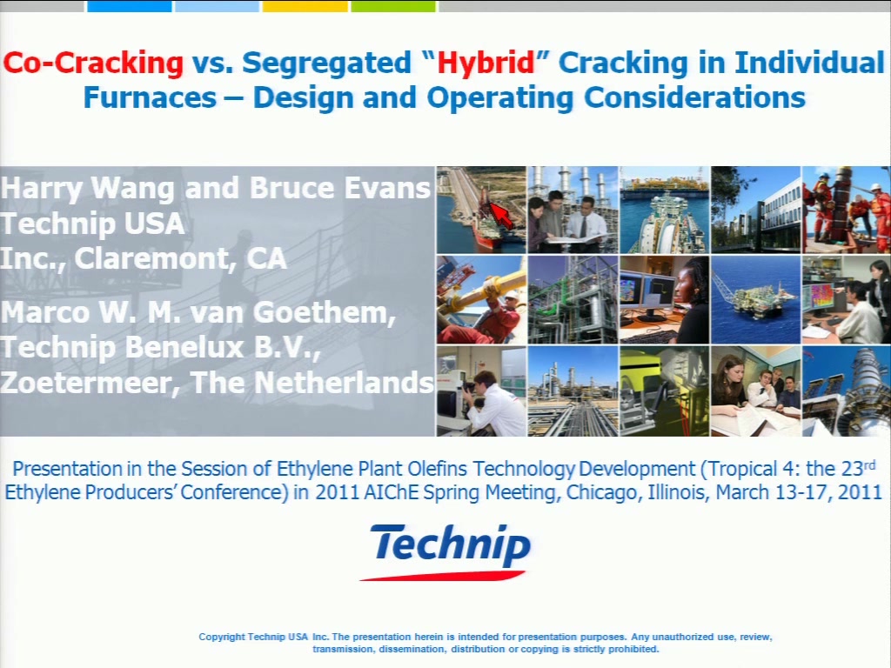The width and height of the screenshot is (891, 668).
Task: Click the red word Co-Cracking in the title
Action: tap(93, 63)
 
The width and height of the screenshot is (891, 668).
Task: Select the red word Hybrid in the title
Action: tap(486, 63)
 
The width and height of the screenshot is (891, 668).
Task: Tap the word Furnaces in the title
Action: tap(150, 97)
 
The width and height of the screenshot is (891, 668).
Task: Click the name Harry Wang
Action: tap(88, 189)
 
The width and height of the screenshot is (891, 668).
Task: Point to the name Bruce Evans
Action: tap(340, 188)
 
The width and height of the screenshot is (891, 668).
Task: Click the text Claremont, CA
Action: tap(180, 259)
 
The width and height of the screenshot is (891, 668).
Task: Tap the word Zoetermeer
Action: tap(90, 383)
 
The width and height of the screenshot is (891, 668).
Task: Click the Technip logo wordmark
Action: tap(452, 544)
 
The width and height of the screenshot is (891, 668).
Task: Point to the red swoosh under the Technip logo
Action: tap(442, 576)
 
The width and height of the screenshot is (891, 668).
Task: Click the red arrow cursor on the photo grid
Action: tap(501, 216)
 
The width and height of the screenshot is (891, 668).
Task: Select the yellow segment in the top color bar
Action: tap(305, 6)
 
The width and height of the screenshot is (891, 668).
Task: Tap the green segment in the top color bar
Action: tap(393, 6)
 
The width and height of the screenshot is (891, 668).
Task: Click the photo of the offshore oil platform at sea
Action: tap(755, 300)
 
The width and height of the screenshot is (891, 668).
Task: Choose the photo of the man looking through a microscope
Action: tap(481, 391)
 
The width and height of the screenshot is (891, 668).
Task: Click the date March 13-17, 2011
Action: tap(799, 492)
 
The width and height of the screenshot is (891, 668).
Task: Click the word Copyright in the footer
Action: tap(222, 637)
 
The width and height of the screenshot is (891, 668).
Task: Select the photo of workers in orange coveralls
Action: tap(846, 210)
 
